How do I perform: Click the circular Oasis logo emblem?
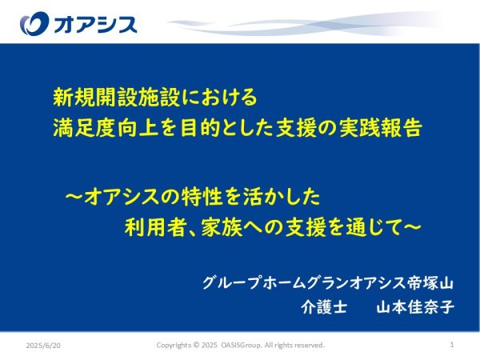[x=34, y=23]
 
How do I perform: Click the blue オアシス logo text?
[x=95, y=25]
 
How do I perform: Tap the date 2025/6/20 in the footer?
[x=43, y=346]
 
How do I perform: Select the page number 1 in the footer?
[x=452, y=345]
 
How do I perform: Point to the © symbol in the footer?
[x=196, y=345]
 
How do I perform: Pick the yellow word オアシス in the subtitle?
[x=122, y=197]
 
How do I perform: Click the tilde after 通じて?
[x=412, y=227]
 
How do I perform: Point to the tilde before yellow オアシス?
[x=74, y=196]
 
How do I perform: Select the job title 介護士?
[x=324, y=307]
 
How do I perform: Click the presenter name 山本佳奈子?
[x=415, y=307]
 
